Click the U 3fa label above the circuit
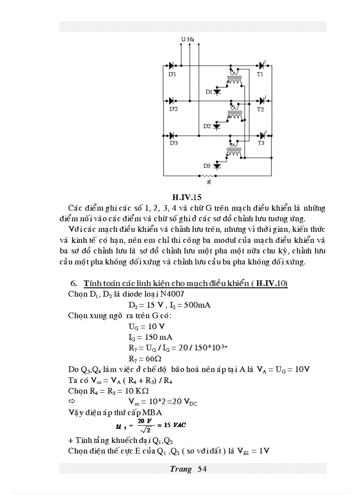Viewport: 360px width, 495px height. [187, 40]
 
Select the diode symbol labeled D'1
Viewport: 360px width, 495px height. [172, 66]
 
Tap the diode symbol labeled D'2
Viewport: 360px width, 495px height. [172, 100]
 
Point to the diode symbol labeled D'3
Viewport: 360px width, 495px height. [172, 135]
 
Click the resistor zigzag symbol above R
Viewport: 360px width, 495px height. [210, 175]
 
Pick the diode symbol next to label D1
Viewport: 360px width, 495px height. [217, 92]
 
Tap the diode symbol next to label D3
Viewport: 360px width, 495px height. [217, 166]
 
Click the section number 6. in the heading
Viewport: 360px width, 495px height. [74, 283]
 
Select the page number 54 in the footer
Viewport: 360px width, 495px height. [202, 469]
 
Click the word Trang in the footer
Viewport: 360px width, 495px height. [181, 469]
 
